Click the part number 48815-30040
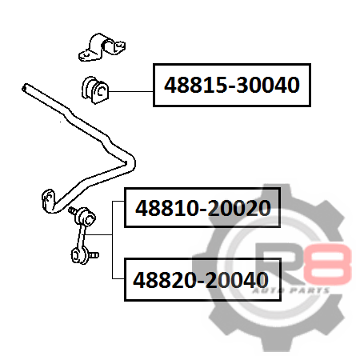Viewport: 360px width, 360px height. click(x=232, y=85)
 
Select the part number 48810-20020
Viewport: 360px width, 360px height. click(x=203, y=208)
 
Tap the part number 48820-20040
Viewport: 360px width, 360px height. click(x=201, y=280)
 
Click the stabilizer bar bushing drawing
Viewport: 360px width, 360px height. click(x=95, y=90)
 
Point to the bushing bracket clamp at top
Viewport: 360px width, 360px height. click(x=102, y=47)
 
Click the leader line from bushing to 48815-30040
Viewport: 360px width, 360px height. click(x=131, y=91)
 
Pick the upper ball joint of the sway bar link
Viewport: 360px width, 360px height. click(x=86, y=218)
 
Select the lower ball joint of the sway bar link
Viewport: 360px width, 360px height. click(x=79, y=255)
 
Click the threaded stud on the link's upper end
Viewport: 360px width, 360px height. click(x=72, y=210)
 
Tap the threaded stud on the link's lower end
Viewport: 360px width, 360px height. click(x=94, y=255)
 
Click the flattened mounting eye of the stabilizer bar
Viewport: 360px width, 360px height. click(x=49, y=201)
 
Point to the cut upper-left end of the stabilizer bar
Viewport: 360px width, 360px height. click(x=25, y=88)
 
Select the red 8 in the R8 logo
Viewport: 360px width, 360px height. click(x=327, y=264)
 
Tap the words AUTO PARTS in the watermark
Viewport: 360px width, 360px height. click(x=290, y=290)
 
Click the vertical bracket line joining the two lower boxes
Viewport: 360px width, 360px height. click(x=112, y=240)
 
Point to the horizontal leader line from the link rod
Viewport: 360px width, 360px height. click(x=98, y=234)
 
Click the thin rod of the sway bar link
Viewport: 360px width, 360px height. click(x=82, y=238)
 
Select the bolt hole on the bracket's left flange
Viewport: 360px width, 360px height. click(x=86, y=54)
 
